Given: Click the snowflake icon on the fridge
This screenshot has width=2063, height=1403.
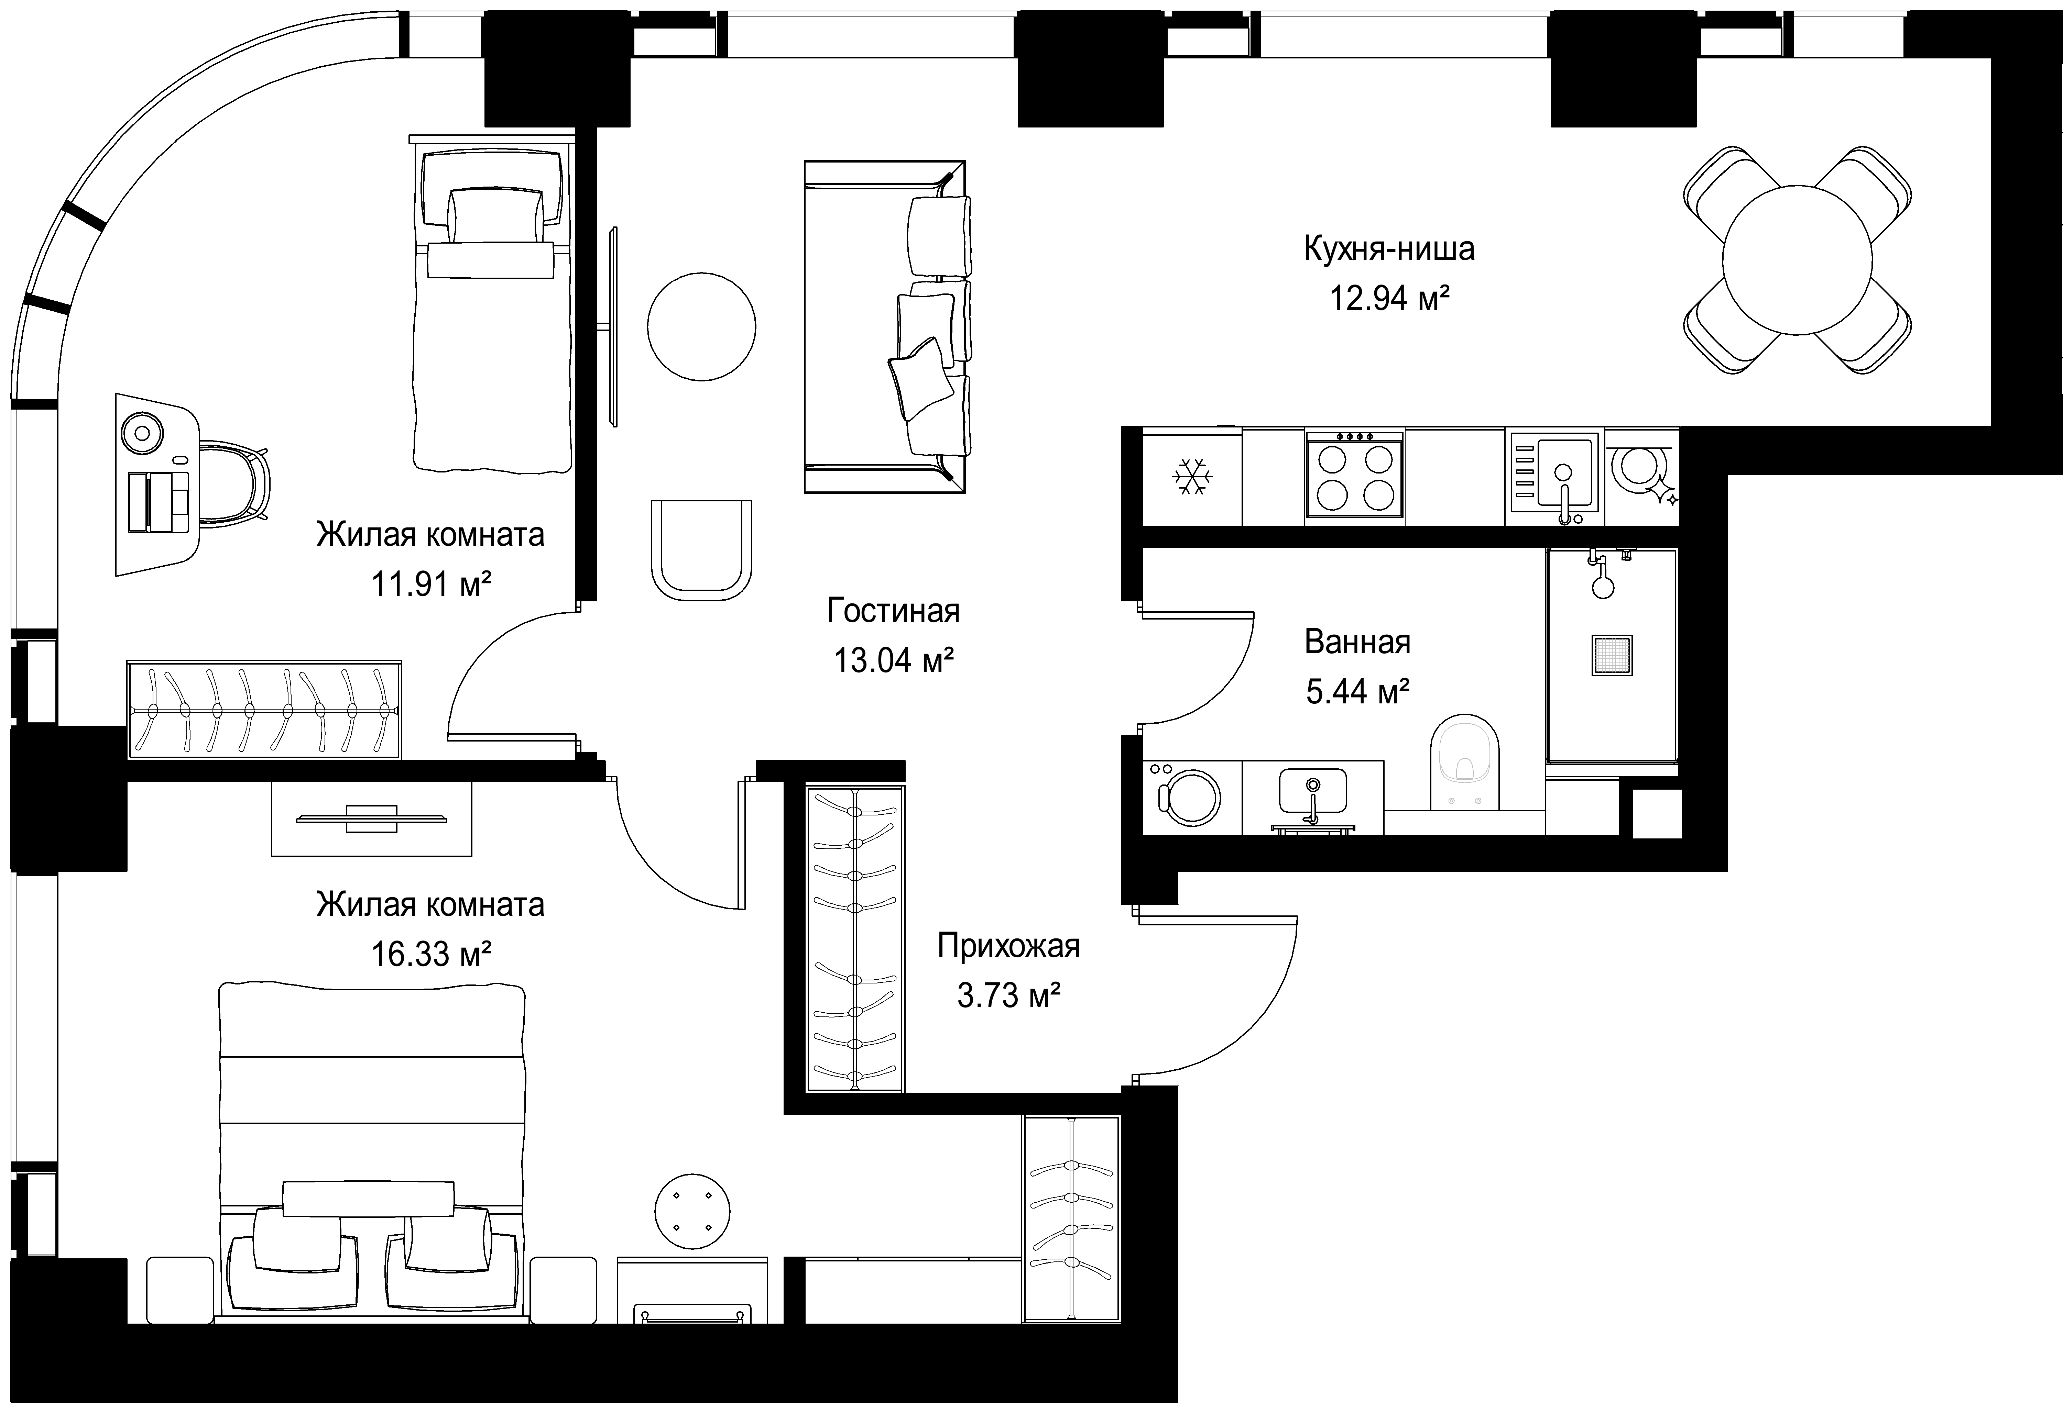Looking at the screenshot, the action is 1192,477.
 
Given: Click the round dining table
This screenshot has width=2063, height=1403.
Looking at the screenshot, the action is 1797,260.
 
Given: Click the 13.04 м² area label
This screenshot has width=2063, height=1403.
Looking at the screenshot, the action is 893,660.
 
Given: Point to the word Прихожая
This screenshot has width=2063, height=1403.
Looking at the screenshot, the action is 1008,947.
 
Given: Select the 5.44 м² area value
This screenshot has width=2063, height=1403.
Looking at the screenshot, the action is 1358,691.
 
